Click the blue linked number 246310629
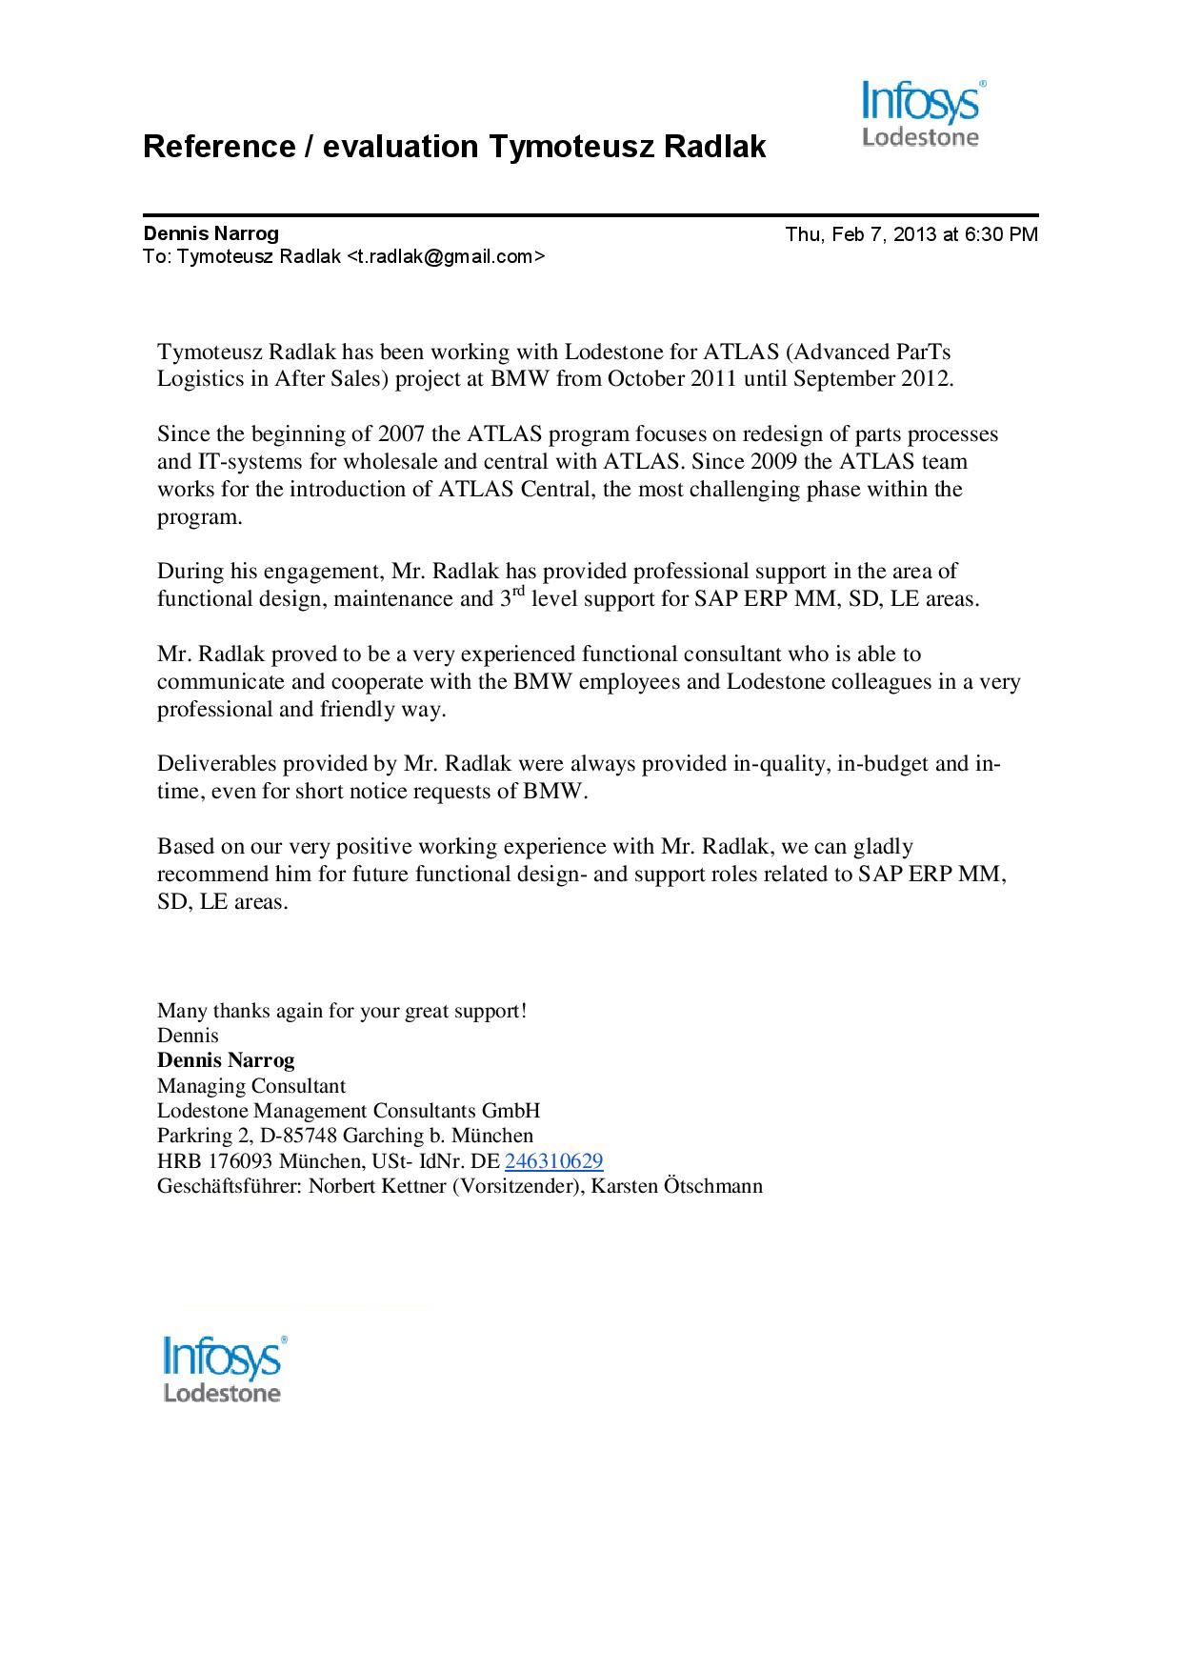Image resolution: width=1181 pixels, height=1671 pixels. pyautogui.click(x=553, y=1161)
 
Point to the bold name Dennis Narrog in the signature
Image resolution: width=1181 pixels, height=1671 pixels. pyautogui.click(x=226, y=1060)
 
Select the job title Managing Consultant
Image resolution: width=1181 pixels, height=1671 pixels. pyautogui.click(x=251, y=1086)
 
